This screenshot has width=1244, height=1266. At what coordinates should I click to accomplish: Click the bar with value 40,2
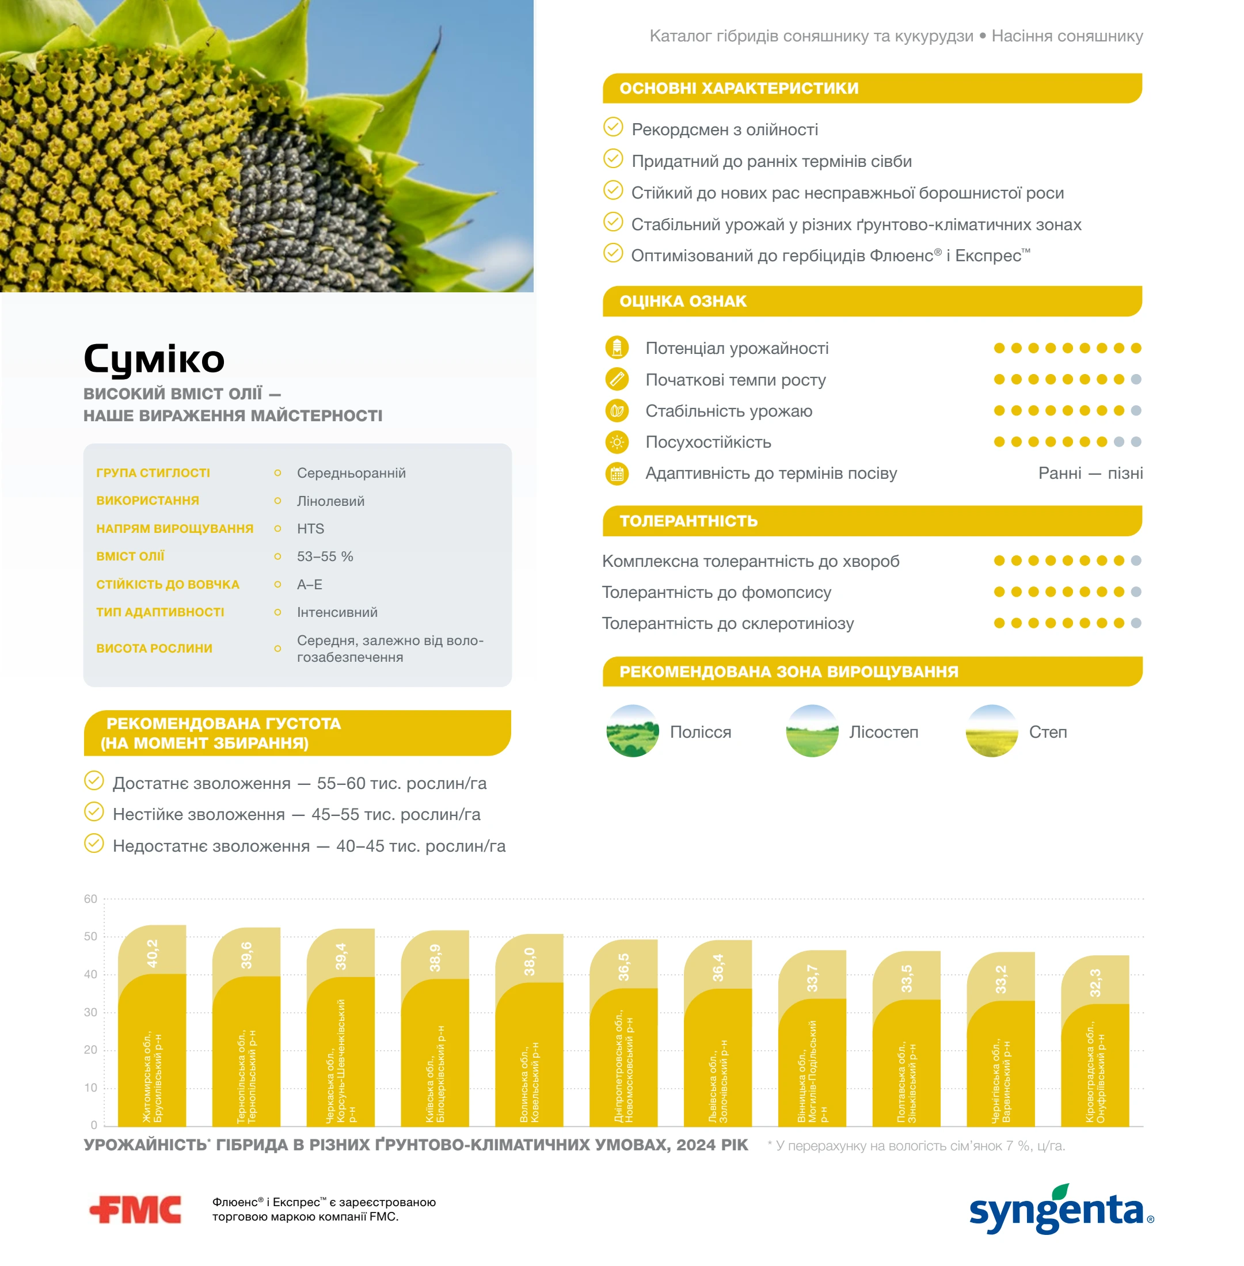point(151,1025)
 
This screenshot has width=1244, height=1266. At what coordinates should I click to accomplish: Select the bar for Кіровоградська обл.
point(1094,1040)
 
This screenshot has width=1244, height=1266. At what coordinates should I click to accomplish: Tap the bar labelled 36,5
point(623,1033)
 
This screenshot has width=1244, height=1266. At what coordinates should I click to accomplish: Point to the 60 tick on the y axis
point(90,899)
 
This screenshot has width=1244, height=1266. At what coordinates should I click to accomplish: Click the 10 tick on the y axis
point(90,1088)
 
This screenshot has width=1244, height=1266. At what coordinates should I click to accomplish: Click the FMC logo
point(135,1209)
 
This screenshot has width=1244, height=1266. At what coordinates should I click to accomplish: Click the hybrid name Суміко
point(154,359)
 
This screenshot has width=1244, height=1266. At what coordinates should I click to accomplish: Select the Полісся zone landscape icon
point(632,731)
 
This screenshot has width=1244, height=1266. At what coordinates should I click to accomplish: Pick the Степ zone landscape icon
point(991,731)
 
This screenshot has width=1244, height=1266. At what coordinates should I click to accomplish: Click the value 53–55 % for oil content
point(325,556)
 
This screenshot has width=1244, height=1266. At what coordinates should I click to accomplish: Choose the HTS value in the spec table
point(310,528)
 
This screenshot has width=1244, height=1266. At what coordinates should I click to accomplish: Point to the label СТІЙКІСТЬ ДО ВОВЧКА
point(168,585)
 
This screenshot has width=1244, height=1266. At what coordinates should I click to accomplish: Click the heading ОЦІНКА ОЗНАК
point(683,301)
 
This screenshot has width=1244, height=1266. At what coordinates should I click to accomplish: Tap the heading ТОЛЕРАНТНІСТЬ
point(688,521)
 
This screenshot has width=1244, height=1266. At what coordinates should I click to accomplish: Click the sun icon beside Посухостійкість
point(617,443)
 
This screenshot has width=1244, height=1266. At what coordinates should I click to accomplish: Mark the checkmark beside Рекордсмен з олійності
point(613,127)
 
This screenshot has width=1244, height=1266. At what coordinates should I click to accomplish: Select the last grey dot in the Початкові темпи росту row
point(1136,380)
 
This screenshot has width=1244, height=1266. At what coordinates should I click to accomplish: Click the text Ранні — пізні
point(1090,473)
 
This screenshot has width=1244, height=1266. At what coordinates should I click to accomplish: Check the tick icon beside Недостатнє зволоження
point(94,844)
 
